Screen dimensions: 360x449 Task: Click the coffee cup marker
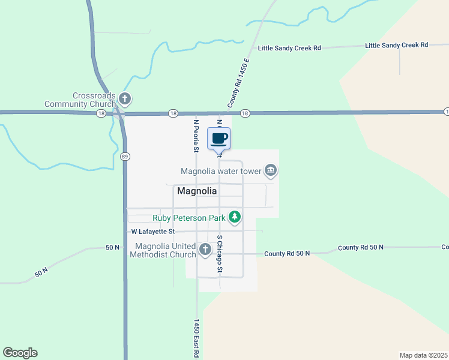pos(218,139)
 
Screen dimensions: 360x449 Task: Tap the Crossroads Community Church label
pos(81,100)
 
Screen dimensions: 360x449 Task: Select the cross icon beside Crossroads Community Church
pos(124,98)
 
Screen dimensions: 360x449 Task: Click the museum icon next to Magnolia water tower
pos(271,171)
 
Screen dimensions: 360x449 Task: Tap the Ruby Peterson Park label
pos(189,217)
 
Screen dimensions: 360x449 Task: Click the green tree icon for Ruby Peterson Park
pos(235,217)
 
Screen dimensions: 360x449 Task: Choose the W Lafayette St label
pos(153,231)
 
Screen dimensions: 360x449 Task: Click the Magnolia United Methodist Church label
pos(165,250)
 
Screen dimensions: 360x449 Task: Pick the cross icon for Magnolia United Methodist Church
pos(205,249)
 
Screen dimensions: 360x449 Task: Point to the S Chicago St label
pos(220,254)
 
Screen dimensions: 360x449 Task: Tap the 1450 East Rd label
pos(196,338)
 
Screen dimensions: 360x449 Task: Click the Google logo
pos(20,353)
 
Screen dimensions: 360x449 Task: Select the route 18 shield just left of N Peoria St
pos(173,113)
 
